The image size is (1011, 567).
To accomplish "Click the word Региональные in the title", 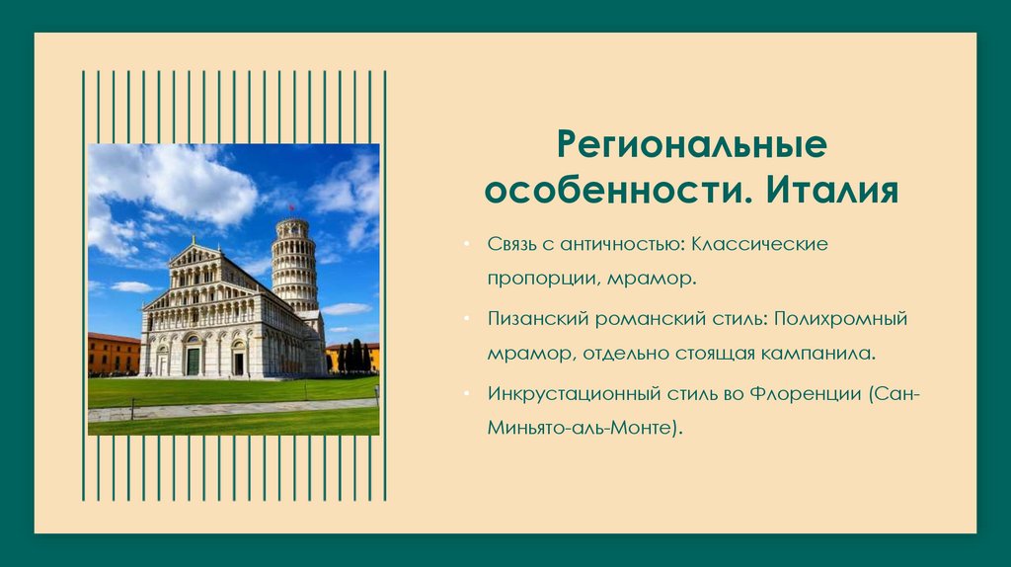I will click(x=691, y=145).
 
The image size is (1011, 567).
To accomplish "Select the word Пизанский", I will click(x=538, y=319).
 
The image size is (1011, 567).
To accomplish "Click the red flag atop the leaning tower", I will click(x=291, y=208).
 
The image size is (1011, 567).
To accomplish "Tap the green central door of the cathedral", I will click(x=193, y=360).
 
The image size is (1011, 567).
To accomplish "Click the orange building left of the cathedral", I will click(x=113, y=354).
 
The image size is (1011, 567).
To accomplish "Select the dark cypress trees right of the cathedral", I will click(x=353, y=357).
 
